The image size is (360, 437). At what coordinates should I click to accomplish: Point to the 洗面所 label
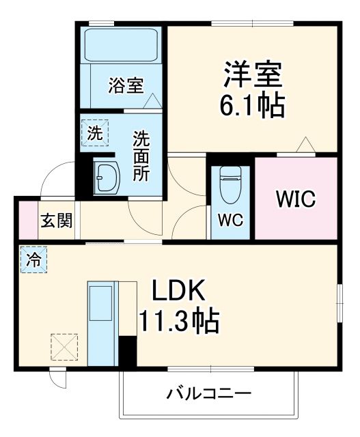pos(141,156)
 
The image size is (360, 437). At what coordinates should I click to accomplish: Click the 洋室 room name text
pos(253,74)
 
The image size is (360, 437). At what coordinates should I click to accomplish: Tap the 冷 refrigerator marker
pos(32,259)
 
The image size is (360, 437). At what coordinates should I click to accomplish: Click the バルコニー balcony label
pos(209,394)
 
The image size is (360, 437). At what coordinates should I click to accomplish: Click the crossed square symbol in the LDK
pos(65,346)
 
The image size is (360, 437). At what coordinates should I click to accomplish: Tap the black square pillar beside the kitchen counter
pos(128,352)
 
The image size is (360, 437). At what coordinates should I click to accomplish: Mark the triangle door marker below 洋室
pos(305,145)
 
